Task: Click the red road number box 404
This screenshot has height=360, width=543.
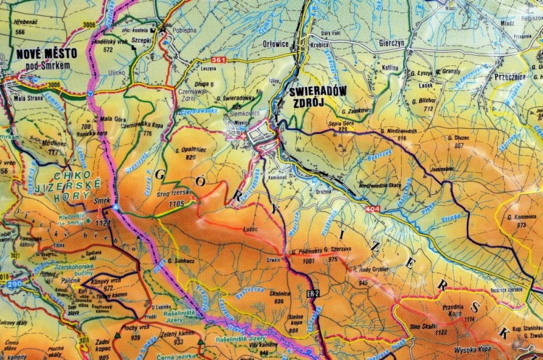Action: [372, 209]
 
